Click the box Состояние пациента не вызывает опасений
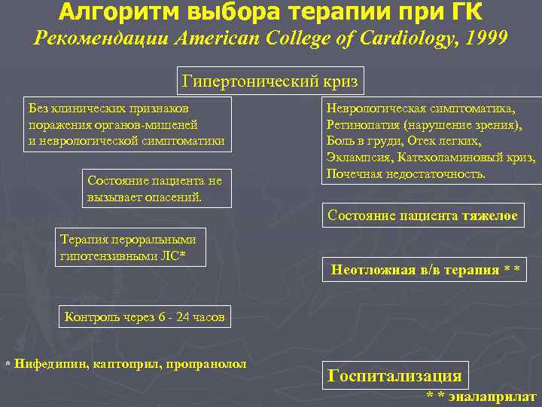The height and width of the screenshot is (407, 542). [157, 188]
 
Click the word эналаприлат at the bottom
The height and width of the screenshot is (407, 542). [492, 396]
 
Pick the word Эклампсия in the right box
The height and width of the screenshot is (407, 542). [355, 158]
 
